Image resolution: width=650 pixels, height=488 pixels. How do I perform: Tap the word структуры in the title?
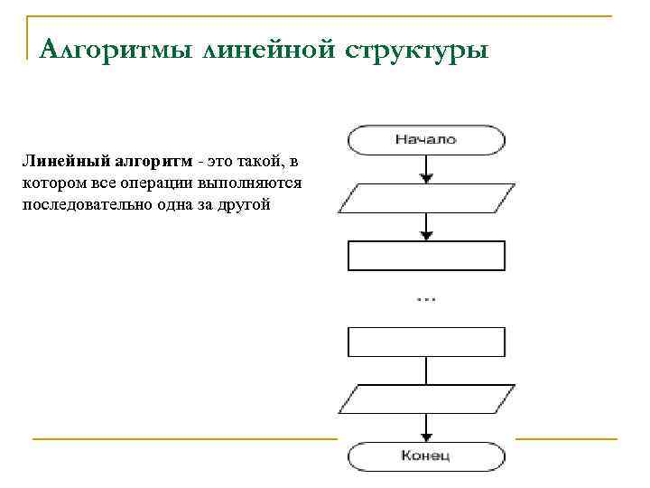[x=415, y=48]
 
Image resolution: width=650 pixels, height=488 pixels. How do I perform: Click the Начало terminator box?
[x=426, y=139]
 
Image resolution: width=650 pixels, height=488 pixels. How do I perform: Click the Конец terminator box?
[x=426, y=455]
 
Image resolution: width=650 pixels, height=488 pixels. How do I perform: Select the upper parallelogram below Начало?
[x=426, y=198]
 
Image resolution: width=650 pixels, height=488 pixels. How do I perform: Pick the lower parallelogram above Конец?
[x=426, y=399]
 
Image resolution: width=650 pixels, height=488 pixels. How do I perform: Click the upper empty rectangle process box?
[x=426, y=256]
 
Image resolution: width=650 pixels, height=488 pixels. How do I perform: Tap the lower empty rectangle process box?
[x=426, y=342]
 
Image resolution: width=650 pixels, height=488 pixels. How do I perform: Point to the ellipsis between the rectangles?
[x=426, y=297]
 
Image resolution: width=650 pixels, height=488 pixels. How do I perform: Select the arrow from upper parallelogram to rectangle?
[x=426, y=227]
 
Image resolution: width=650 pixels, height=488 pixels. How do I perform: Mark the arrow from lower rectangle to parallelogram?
[x=426, y=371]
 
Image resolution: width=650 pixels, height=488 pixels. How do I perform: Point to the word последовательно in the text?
[x=80, y=204]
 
